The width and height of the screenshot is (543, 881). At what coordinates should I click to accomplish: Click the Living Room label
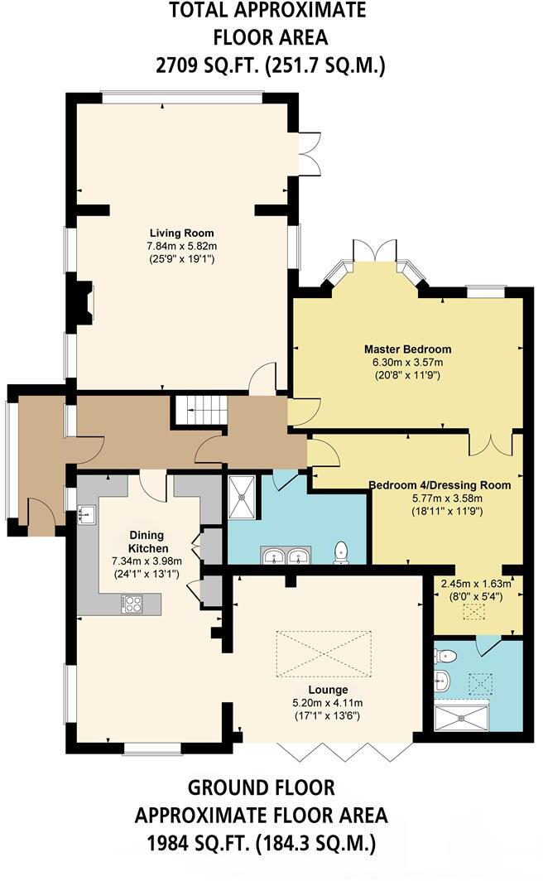pyautogui.click(x=181, y=233)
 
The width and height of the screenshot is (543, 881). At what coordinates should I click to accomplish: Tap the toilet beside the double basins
pyautogui.click(x=340, y=552)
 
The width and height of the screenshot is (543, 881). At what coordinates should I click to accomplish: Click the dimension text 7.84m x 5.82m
pyautogui.click(x=181, y=246)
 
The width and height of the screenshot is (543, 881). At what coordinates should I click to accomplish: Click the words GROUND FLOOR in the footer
pyautogui.click(x=261, y=787)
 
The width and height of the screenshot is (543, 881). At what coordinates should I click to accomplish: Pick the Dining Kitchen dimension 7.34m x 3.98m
pyautogui.click(x=147, y=561)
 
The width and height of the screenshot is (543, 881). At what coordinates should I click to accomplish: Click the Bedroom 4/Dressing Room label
pyautogui.click(x=440, y=484)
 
